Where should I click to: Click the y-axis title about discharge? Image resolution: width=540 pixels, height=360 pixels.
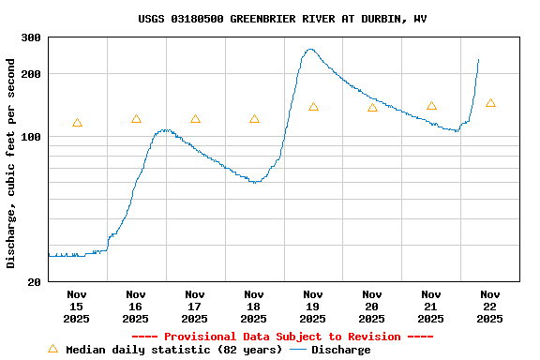pyautogui.click(x=11, y=163)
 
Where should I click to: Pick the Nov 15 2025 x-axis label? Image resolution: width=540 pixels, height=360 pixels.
pyautogui.click(x=77, y=307)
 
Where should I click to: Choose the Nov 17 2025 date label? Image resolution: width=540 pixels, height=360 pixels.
pyautogui.click(x=195, y=307)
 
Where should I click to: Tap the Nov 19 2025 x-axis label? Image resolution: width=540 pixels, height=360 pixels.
pyautogui.click(x=313, y=307)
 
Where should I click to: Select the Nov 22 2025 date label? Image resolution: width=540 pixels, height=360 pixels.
pyautogui.click(x=490, y=307)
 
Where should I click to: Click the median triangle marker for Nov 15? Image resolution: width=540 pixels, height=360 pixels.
pyautogui.click(x=77, y=123)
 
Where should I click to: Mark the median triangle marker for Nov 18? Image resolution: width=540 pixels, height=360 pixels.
pyautogui.click(x=254, y=119)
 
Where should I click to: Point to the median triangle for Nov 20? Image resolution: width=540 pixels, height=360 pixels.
pyautogui.click(x=372, y=108)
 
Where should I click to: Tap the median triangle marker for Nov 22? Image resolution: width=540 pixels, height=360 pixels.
pyautogui.click(x=490, y=103)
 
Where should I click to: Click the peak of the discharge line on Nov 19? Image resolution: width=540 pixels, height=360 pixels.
pyautogui.click(x=310, y=50)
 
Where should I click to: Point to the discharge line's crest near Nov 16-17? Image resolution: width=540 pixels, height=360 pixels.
pyautogui.click(x=166, y=130)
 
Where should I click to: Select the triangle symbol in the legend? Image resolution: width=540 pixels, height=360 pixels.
pyautogui.click(x=52, y=349)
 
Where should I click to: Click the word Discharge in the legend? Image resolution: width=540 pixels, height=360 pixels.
pyautogui.click(x=340, y=350)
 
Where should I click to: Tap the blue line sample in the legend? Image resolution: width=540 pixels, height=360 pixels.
pyautogui.click(x=298, y=350)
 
